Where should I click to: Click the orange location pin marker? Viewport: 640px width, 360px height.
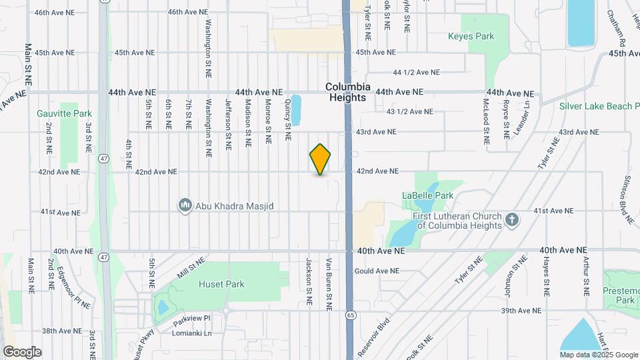point(320,159)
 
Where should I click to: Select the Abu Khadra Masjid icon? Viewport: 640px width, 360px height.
point(185,206)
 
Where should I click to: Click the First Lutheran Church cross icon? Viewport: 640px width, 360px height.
point(511,219)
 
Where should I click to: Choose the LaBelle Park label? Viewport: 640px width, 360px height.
point(427,195)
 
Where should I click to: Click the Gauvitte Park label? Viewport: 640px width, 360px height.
point(64,113)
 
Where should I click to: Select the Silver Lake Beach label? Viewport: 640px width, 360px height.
point(599,106)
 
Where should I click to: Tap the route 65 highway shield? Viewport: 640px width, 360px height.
point(350,313)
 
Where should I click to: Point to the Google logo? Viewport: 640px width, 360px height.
point(22,351)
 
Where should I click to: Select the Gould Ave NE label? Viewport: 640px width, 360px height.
point(377,271)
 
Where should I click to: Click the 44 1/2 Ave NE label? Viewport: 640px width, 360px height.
point(417,72)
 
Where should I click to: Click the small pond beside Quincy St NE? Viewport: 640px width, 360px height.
point(296,110)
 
